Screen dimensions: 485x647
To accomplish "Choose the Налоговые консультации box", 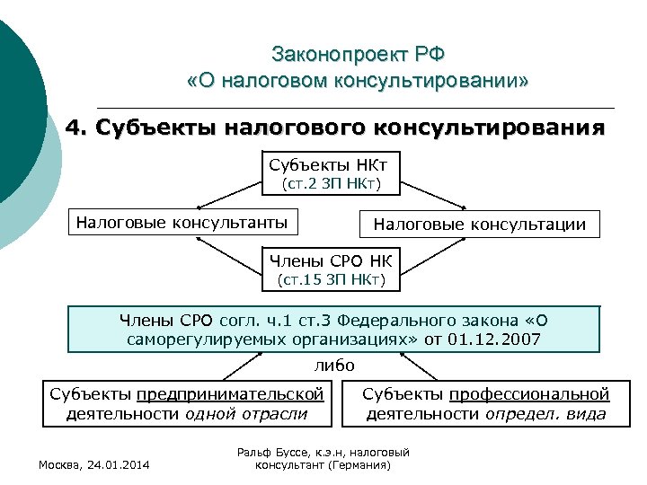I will [x=480, y=225].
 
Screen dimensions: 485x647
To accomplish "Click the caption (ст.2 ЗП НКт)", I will [x=332, y=185].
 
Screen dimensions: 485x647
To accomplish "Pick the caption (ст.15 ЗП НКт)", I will [x=332, y=281].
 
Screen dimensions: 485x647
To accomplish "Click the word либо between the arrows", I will [x=334, y=365].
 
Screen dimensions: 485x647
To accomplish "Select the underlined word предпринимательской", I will [x=230, y=394].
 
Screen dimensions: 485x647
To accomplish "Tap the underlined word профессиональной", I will [x=529, y=394].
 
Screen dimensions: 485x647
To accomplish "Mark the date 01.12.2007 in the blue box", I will [x=496, y=339].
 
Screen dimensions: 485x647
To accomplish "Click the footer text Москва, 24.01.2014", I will [x=94, y=463].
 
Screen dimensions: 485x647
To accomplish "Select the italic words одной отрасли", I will [x=245, y=413].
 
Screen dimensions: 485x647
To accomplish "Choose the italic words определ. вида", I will [x=545, y=413].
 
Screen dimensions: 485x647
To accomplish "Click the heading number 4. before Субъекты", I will [x=78, y=127].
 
